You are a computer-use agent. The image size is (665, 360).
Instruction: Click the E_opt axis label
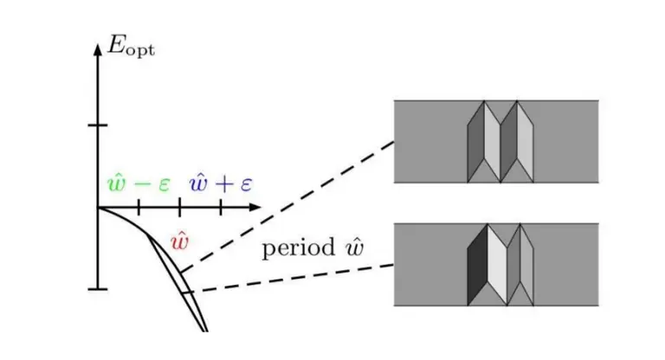click(131, 46)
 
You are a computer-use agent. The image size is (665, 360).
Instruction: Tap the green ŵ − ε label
click(139, 183)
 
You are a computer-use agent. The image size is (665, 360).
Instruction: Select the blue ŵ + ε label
click(221, 183)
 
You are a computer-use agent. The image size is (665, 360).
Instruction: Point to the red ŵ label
click(179, 241)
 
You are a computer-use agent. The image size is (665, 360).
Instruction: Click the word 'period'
click(299, 248)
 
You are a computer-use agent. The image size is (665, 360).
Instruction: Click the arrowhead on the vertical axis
click(98, 49)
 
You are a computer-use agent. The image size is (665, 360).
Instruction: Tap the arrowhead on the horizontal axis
click(255, 208)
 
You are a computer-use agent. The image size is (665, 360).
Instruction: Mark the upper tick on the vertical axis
click(98, 125)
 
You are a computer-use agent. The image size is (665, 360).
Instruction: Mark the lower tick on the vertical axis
click(98, 289)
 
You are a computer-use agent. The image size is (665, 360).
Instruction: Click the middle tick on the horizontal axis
click(180, 208)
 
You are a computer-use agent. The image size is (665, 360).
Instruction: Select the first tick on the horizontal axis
click(139, 208)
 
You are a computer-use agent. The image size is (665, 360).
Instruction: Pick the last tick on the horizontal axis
click(221, 208)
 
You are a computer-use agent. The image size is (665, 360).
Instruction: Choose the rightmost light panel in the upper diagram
click(525, 142)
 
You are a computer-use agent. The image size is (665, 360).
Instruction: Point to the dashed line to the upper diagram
click(287, 207)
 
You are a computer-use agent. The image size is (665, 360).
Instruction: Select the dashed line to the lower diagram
click(293, 279)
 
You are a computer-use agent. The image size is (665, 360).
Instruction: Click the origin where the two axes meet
click(98, 208)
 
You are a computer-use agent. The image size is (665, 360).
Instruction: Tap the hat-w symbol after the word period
click(354, 246)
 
